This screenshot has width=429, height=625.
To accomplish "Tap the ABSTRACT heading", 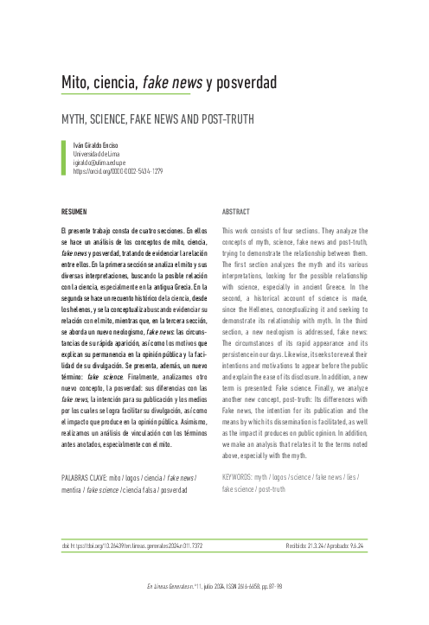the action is click(x=236, y=211).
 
